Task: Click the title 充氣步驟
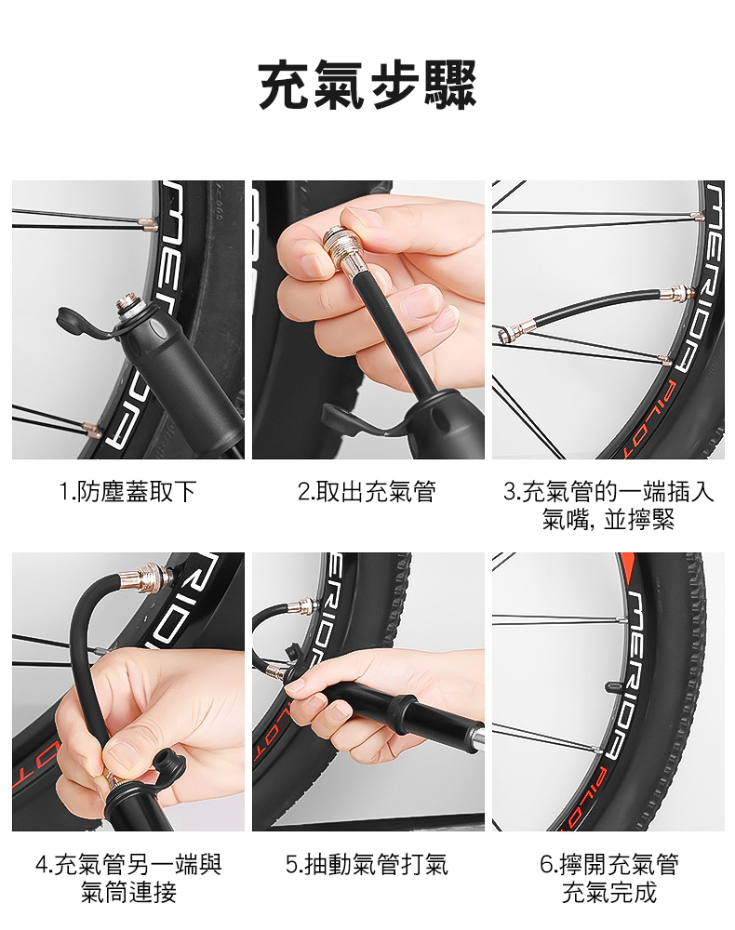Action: coord(367,86)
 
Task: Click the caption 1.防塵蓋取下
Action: coord(128,492)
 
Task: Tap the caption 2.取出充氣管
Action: coord(367,492)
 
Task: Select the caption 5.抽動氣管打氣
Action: coord(367,865)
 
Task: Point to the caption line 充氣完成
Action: coord(609,894)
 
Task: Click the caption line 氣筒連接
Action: coord(128,894)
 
